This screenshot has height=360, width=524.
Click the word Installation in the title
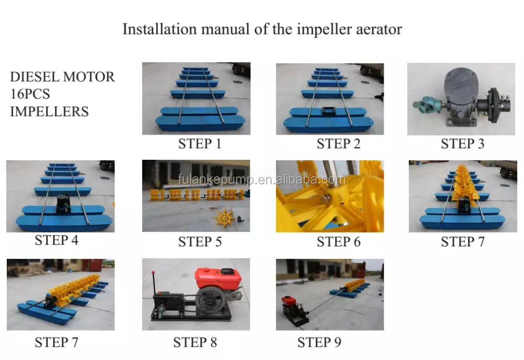point(159,29)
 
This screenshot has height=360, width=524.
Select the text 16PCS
point(30,94)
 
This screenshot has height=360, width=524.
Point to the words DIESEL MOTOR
point(62,77)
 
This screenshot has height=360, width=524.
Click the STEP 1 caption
point(200,144)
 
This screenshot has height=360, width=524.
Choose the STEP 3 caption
point(463,144)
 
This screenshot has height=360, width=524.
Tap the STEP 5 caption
point(200,242)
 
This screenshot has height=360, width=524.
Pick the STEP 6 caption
point(339,242)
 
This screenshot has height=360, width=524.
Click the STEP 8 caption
point(195,342)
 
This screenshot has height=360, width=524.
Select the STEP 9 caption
point(320,342)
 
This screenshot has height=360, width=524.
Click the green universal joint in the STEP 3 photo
point(425,104)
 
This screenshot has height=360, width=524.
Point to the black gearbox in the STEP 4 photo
point(63,203)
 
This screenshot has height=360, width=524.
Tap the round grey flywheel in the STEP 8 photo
point(211,299)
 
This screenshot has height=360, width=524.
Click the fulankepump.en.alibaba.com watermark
point(262,180)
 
